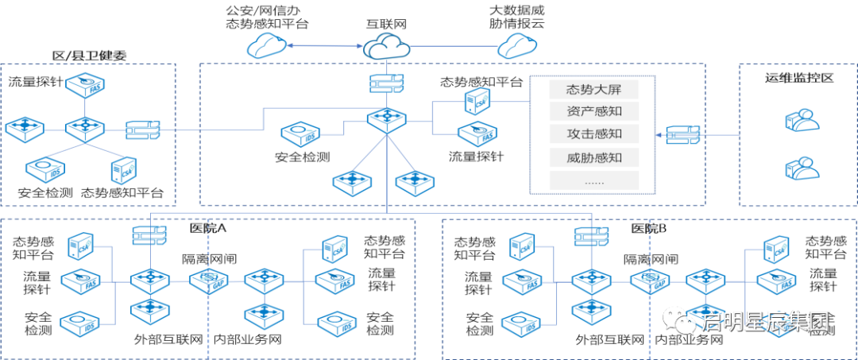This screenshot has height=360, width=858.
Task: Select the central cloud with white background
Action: pos(387,47)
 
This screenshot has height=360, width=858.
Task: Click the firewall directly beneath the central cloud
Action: pos(387,83)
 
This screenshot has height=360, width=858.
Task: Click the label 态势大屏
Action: pos(594,88)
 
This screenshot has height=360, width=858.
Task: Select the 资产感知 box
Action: pos(594,111)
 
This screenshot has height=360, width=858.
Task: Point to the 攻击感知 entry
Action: pos(594,134)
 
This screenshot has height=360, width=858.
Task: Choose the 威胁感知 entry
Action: pos(594,157)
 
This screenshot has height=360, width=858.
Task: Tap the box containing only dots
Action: pos(594,180)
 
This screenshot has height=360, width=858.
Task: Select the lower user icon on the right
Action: pos(802,168)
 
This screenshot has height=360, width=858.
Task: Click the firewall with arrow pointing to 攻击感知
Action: pos(682,135)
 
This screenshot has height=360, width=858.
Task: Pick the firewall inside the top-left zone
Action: pos(143,129)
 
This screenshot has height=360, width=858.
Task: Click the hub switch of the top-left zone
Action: pos(84,128)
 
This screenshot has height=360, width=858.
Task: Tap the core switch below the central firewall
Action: pos(387,120)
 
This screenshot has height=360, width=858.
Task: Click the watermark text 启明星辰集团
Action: pos(764,322)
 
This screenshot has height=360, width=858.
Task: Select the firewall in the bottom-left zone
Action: pos(149,235)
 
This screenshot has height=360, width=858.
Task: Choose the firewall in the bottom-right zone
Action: pos(591,235)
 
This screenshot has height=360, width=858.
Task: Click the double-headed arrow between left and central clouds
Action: pos(326,46)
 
